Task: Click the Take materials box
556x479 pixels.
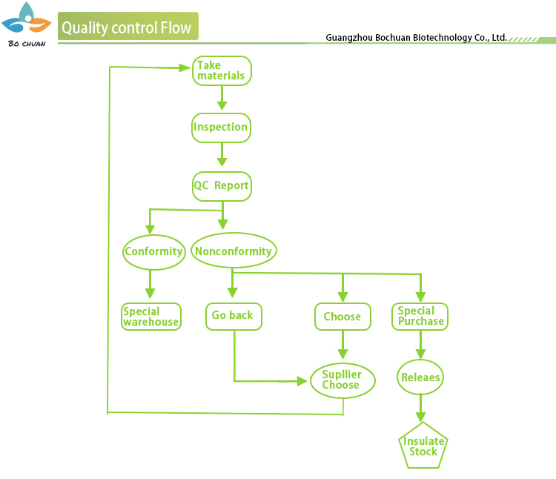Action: [x=222, y=71]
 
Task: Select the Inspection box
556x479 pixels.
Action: [x=221, y=128]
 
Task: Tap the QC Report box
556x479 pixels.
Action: [x=222, y=185]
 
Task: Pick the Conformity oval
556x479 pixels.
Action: [x=153, y=251]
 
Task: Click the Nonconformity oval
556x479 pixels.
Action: [x=234, y=251]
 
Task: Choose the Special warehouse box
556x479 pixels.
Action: [x=151, y=317]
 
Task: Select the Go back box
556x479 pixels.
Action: [x=234, y=316]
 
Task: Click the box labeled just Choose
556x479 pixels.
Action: [x=342, y=317]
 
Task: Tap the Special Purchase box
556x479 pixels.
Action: [x=421, y=317]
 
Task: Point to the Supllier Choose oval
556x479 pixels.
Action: [x=341, y=380]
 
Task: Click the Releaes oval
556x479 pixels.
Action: [x=421, y=377]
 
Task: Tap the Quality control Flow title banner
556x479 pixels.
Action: [x=128, y=28]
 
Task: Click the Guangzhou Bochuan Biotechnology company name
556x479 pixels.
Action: [x=416, y=37]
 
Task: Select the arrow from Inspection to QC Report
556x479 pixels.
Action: [x=221, y=155]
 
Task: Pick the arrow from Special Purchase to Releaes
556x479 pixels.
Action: [x=421, y=345]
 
